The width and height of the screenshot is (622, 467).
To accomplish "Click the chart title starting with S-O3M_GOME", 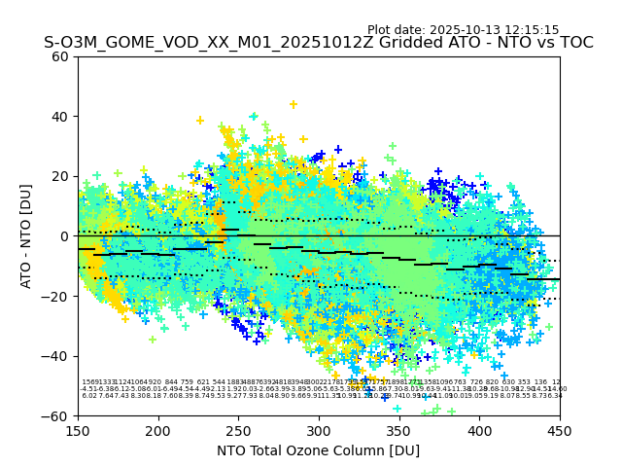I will [318, 43].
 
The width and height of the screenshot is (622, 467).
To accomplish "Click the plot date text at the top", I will [463, 30].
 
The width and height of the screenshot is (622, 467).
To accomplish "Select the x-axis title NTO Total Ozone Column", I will [318, 450].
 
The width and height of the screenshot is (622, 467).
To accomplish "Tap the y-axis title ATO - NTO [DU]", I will [26, 236].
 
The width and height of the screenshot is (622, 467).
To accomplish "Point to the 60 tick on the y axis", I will [61, 56].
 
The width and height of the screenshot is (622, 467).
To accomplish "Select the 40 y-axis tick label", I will [61, 116].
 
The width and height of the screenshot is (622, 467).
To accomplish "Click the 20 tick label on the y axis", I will [61, 176].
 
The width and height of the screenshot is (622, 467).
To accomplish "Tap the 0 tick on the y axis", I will [65, 236].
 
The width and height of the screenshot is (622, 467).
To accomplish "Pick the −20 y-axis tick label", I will [57, 296].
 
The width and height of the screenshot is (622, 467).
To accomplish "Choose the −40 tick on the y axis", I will [57, 356].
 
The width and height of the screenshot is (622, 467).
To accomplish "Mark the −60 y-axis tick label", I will [57, 415].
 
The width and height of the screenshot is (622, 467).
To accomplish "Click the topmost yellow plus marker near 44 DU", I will [293, 104].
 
